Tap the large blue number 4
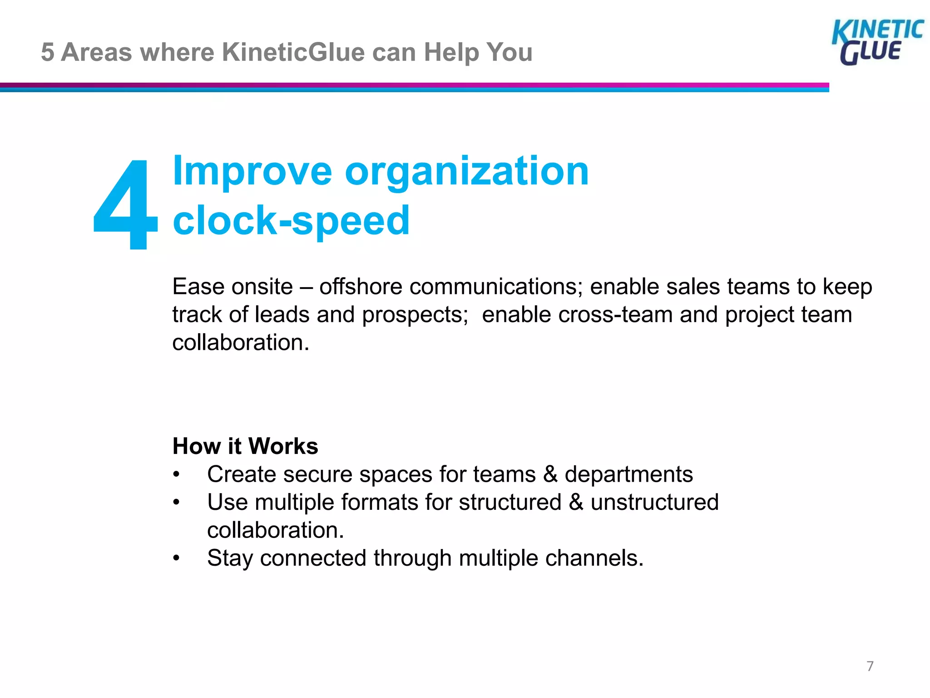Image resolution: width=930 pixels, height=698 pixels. click(x=126, y=204)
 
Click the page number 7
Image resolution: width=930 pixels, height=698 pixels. click(x=870, y=666)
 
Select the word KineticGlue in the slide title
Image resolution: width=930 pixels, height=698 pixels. click(x=293, y=52)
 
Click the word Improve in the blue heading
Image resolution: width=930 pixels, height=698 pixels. click(x=252, y=171)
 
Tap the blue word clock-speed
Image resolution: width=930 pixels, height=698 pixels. click(x=291, y=220)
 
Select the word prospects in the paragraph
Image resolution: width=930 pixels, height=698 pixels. click(x=415, y=314)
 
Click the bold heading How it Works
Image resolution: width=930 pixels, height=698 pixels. click(x=245, y=446)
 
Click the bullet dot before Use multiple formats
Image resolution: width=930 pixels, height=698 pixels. click(x=177, y=503)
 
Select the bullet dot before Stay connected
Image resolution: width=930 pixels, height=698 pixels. click(x=177, y=558)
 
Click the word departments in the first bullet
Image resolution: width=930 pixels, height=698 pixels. click(x=628, y=474)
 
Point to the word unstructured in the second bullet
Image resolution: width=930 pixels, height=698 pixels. click(x=654, y=502)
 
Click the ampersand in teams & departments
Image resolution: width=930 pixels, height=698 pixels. click(x=550, y=474)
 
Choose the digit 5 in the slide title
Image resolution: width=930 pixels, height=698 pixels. click(x=47, y=52)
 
